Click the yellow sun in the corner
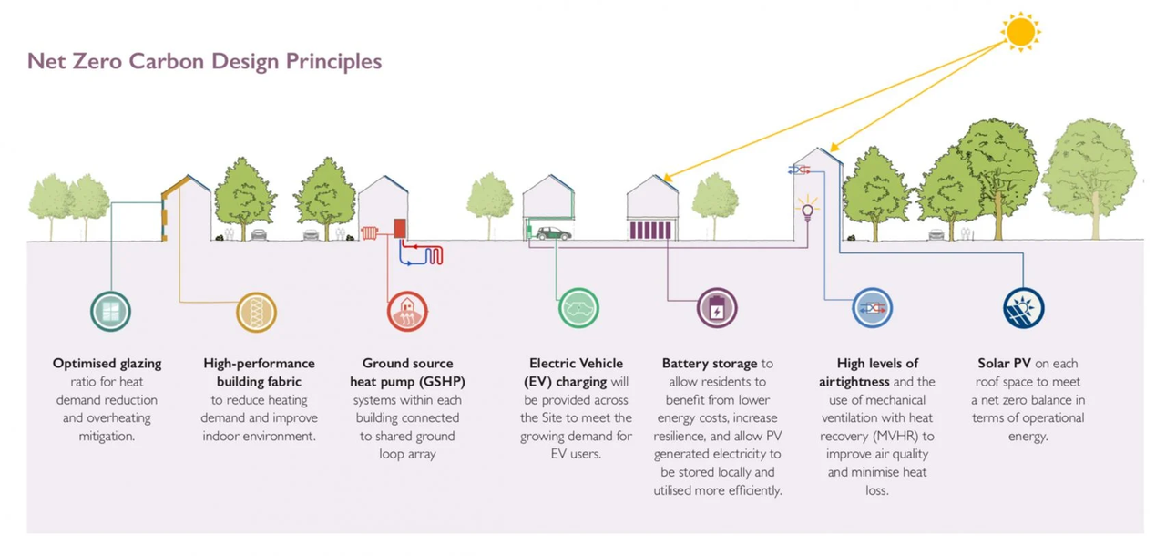pos(1020,32)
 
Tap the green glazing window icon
pos(110,312)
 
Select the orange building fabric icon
pos(256,312)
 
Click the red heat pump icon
pos(407,312)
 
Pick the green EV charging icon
pos(578,308)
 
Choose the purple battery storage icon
pos(717,308)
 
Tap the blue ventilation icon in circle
pos(873,308)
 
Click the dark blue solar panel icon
pos(1023,308)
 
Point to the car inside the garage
pos(553,233)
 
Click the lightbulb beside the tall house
pos(806,211)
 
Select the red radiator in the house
pos(370,232)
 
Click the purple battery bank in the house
pos(651,230)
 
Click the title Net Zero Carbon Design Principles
pos(204,61)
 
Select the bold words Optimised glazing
pos(107,364)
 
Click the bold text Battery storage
pos(710,364)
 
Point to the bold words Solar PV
pos(1004,364)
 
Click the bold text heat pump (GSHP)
pos(407,382)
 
